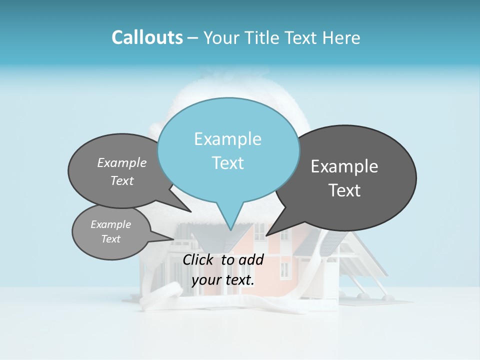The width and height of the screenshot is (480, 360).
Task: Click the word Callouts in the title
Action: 147,37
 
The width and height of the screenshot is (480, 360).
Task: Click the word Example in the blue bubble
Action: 227,139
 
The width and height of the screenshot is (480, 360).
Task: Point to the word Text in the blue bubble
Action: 227,163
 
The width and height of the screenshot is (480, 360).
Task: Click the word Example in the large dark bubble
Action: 344,166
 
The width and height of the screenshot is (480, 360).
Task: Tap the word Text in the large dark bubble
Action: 344,190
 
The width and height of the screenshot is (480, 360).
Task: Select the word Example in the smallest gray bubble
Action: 110,224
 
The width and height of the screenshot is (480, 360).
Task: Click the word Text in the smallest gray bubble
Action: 110,239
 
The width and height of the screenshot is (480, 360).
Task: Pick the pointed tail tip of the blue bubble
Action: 230,230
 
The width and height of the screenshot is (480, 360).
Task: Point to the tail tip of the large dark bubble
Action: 266,235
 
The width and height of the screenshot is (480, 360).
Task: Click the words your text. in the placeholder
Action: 223,280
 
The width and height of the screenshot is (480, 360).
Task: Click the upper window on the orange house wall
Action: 260,231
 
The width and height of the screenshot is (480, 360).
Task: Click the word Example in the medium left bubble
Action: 121,163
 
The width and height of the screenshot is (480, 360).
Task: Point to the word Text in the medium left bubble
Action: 121,180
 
